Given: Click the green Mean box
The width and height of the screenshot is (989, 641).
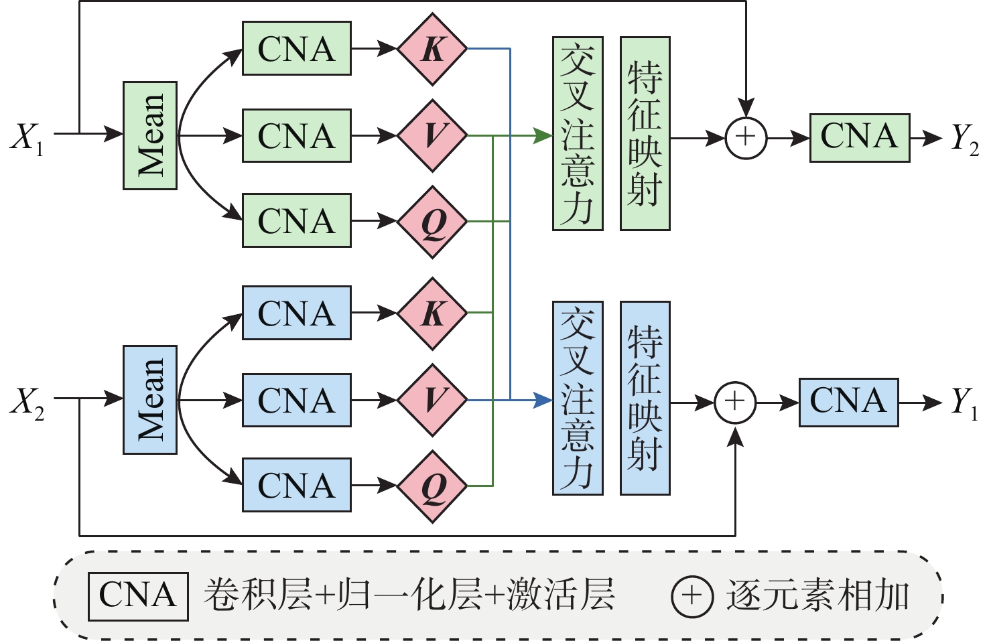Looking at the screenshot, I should (x=150, y=135).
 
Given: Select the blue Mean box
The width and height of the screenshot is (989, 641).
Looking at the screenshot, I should (x=150, y=400).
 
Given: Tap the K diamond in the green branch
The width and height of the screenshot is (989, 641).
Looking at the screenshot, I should (x=432, y=49).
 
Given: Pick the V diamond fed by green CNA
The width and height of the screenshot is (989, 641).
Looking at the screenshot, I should (x=432, y=135).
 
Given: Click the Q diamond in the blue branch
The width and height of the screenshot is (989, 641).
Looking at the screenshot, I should (x=432, y=486).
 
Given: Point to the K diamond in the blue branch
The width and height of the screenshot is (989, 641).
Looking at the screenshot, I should (x=432, y=313).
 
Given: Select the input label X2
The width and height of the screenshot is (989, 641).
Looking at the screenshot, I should (x=27, y=402).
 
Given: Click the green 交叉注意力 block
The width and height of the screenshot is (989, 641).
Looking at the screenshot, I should (x=578, y=134).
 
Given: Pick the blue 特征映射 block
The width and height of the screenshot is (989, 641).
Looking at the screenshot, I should (x=645, y=399).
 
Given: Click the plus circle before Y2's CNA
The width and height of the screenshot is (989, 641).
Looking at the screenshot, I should (x=746, y=138).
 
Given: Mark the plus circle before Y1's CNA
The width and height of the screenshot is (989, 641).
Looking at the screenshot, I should (x=735, y=403).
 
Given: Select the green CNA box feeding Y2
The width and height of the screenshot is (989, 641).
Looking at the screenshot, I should (x=860, y=138).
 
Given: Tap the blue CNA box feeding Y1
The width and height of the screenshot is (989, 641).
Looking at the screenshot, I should (x=848, y=402).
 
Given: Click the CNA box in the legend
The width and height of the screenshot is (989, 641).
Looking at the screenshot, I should (x=138, y=595).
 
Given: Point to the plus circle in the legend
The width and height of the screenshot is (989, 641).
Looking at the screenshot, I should (x=691, y=595).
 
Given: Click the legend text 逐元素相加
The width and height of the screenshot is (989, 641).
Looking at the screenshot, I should (x=817, y=595).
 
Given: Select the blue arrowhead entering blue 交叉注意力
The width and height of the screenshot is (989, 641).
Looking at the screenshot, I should (x=544, y=401).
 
